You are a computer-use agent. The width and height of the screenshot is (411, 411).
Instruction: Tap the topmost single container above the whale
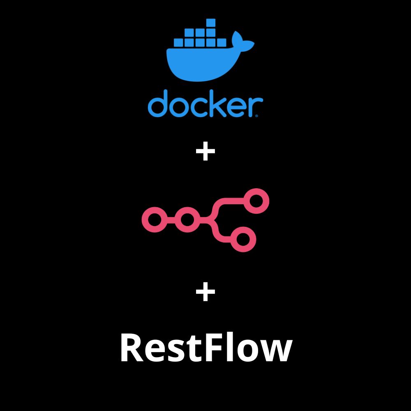211,23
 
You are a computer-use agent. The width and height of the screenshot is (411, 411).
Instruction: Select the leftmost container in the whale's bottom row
179,42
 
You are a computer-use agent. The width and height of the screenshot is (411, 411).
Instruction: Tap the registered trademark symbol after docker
257,116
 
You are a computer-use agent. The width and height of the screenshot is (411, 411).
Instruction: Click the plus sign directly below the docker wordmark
205,152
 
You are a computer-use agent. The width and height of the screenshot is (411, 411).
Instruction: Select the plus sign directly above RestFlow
205,293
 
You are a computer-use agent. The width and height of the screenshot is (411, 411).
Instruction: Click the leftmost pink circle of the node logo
155,220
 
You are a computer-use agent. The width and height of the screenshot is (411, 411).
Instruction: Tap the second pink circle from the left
187,220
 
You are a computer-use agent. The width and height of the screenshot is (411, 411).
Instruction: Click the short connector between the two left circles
171,220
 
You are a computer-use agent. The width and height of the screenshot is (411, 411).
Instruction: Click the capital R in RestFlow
132,349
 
